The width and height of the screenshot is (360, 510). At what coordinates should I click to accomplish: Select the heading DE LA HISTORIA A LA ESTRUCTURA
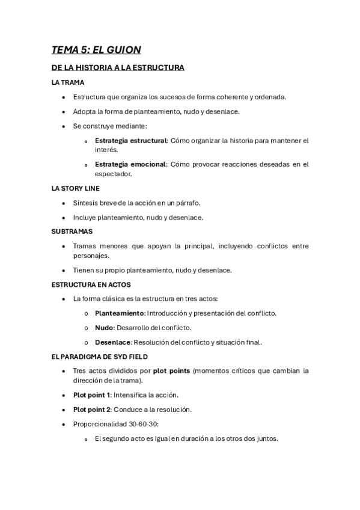[118, 68]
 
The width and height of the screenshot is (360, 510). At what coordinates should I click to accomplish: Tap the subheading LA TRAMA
[68, 82]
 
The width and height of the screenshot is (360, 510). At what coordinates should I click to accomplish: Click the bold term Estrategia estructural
[130, 141]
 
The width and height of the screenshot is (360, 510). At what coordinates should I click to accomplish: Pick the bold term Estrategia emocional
[130, 164]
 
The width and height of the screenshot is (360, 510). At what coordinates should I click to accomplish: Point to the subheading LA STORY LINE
[76, 188]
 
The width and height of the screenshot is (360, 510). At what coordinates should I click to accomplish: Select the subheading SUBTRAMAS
[72, 231]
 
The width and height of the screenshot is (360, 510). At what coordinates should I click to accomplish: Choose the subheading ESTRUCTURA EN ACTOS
[91, 284]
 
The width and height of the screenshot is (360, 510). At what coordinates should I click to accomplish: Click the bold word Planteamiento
[120, 313]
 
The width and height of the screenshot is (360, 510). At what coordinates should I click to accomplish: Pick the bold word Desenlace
[113, 342]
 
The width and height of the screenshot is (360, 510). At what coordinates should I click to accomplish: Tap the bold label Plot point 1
[92, 395]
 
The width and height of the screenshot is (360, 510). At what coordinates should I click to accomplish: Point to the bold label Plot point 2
[92, 410]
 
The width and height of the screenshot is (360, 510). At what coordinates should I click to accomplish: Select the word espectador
[113, 174]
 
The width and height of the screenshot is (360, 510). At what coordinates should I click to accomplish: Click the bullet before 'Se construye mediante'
[64, 126]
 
